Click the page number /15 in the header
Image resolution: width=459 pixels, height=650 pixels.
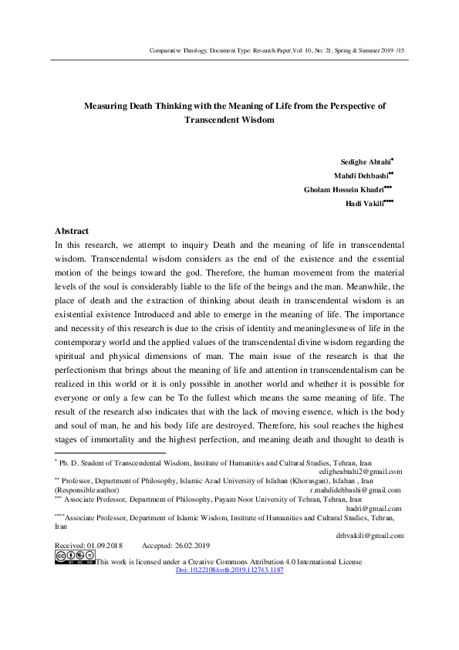point(399,50)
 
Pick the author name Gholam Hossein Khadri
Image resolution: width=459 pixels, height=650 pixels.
point(346,190)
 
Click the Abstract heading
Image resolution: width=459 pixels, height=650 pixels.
point(72,231)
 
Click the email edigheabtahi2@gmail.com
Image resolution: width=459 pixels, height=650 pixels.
point(360,471)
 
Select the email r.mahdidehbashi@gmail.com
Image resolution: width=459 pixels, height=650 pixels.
point(355,489)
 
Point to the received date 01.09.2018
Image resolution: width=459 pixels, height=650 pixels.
point(103,545)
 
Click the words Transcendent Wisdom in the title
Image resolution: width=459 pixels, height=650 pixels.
point(230,120)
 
